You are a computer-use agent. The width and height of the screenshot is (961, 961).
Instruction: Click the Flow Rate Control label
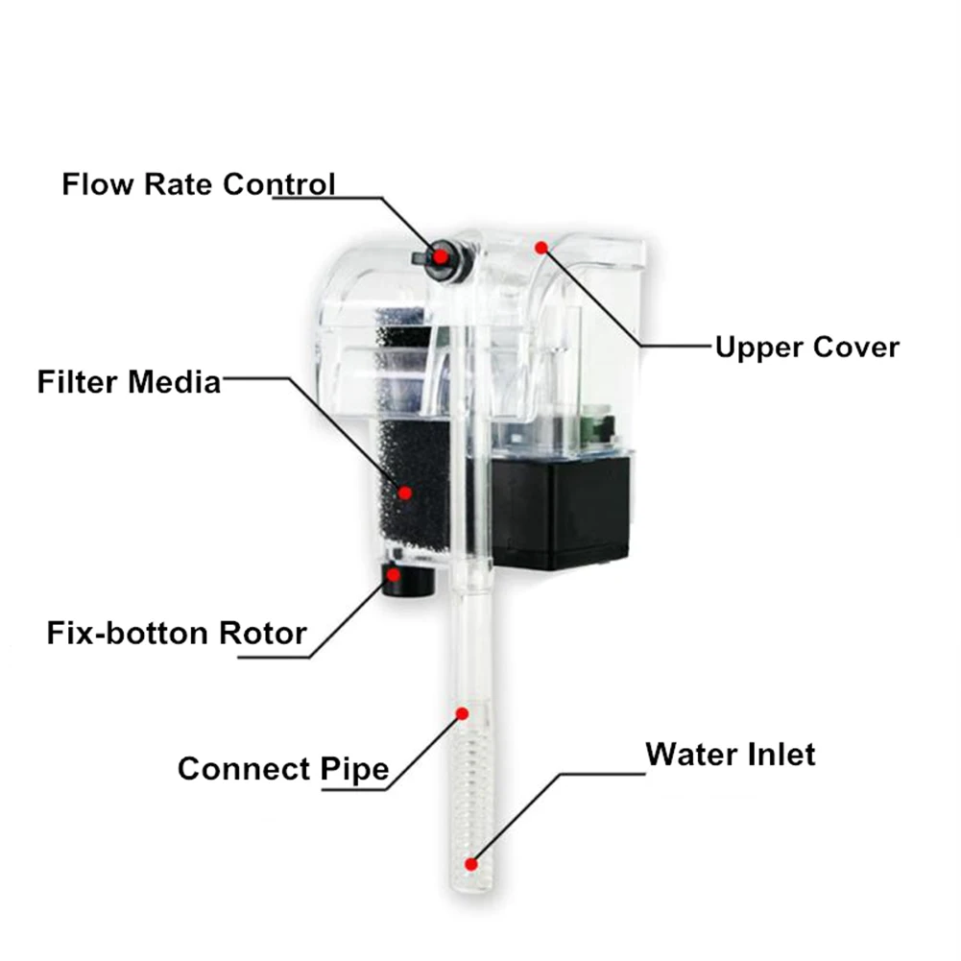(x=199, y=183)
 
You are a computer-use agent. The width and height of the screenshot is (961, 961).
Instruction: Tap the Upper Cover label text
(x=806, y=347)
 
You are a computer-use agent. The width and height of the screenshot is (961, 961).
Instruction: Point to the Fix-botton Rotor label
(x=177, y=634)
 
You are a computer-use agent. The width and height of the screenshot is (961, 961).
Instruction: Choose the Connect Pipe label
(x=283, y=769)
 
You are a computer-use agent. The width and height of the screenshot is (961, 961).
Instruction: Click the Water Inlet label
(x=730, y=754)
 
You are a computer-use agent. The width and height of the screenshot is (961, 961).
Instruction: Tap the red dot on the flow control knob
(x=441, y=255)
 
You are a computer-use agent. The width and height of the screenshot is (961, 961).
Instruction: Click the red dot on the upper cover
(x=541, y=248)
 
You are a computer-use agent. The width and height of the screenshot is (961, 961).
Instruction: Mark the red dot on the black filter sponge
(x=405, y=493)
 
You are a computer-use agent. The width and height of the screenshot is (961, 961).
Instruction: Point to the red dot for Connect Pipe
(x=462, y=714)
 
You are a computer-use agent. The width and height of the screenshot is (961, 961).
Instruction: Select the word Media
(x=175, y=382)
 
